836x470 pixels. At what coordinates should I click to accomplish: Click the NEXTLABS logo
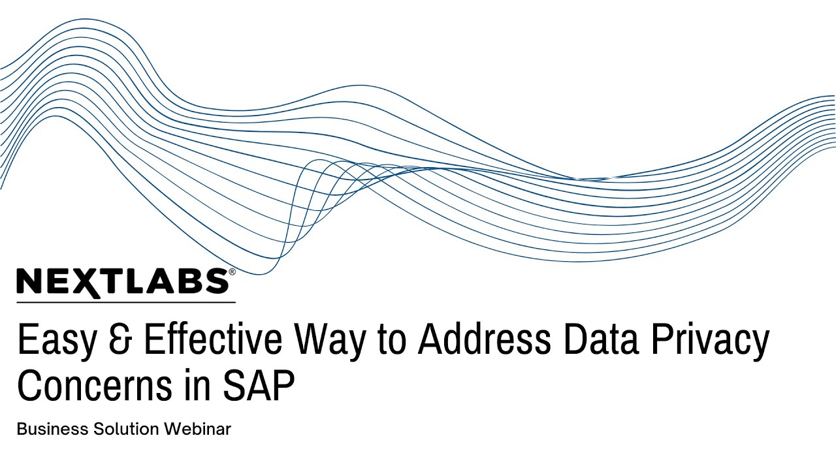click(122, 281)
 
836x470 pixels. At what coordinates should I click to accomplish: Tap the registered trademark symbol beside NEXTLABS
click(232, 272)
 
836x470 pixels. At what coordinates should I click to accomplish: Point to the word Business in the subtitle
click(53, 430)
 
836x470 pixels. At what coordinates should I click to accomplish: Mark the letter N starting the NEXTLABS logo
click(29, 281)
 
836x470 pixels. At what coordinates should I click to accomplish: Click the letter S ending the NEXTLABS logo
click(216, 281)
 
